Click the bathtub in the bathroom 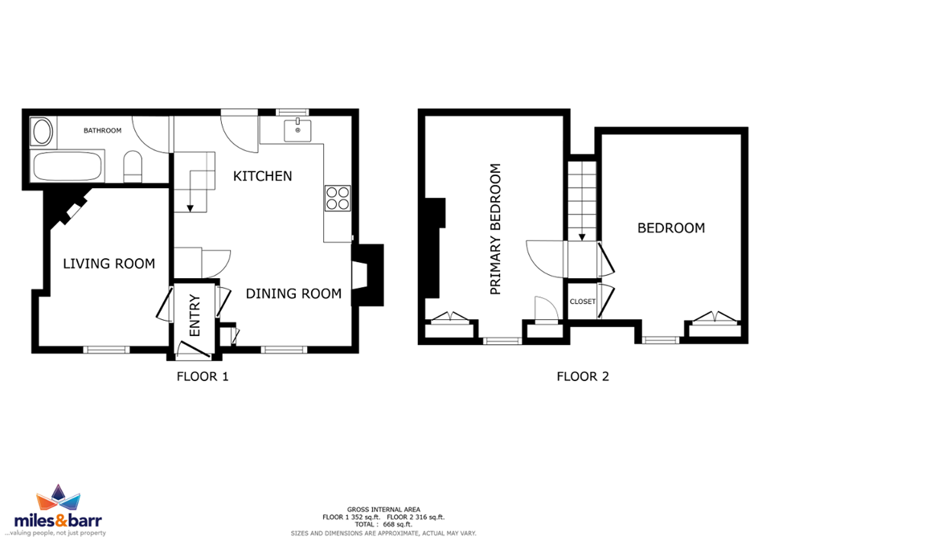coord(68,166)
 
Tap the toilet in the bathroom coord(133,166)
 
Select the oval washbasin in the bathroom coord(42,132)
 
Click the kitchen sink coord(297,130)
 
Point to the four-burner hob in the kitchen coord(338,199)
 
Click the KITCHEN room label coord(262,176)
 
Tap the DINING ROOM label coord(293,293)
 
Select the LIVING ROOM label coord(109,264)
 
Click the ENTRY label coord(195,316)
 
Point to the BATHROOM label coord(102,130)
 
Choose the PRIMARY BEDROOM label coord(495,229)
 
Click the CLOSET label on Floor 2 coord(583,301)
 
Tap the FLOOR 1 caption coord(203,376)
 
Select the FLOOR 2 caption coord(583,376)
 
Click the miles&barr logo coord(58,511)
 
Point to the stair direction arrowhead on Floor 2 coord(582,237)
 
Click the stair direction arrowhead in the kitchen coord(191,208)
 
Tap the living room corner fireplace coord(67,208)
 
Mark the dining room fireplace coord(367,275)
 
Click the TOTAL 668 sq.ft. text coord(383,524)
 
